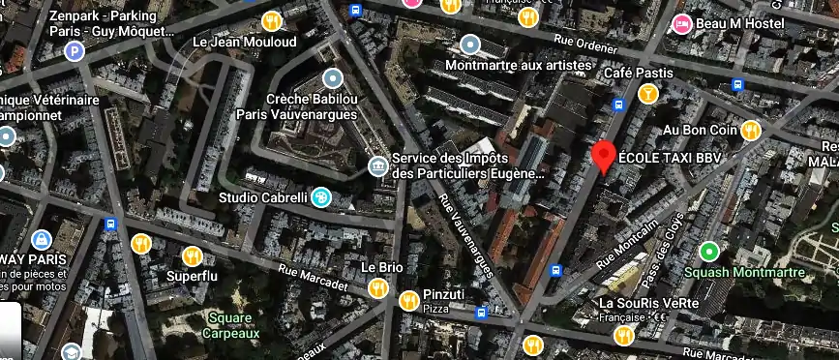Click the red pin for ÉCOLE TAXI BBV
click(605, 156)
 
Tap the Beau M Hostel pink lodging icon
click(682, 23)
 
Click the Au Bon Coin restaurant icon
click(751, 130)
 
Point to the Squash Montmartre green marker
click(709, 252)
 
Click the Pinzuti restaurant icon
click(408, 299)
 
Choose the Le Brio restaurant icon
click(377, 287)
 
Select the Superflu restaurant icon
click(192, 256)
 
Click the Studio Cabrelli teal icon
click(319, 197)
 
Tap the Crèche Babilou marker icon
click(334, 77)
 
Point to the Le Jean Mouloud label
click(245, 42)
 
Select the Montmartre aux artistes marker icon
click(470, 45)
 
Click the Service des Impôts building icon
click(378, 165)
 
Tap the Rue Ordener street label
click(585, 45)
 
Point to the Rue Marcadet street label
click(313, 277)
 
